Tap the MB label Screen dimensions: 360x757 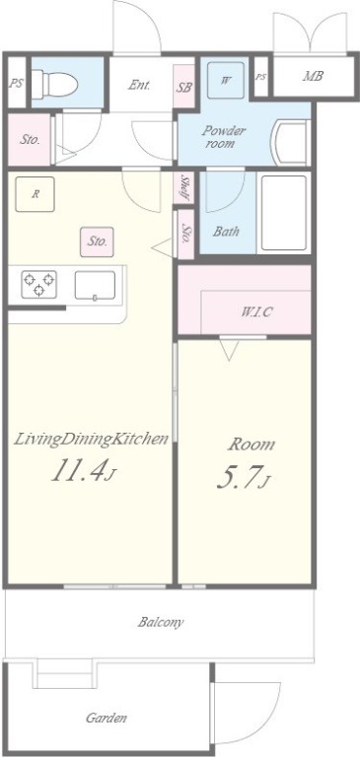[313, 76]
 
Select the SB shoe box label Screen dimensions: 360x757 [183, 88]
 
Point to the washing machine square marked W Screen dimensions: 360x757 [225, 80]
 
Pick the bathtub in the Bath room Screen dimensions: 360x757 [284, 213]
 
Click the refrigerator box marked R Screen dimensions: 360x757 [35, 194]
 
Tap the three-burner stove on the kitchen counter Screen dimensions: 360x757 [39, 284]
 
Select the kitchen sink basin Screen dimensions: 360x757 [96, 285]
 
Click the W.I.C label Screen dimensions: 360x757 [257, 311]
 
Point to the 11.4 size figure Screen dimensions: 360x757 [79, 470]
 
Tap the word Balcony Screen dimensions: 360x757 [161, 622]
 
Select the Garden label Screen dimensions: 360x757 [107, 718]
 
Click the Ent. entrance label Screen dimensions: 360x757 [139, 86]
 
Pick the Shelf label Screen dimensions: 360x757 [185, 188]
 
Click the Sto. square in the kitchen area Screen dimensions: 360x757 [97, 241]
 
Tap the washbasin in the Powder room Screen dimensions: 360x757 [290, 143]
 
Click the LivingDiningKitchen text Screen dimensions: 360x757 [91, 439]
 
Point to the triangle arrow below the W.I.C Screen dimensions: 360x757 [229, 350]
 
